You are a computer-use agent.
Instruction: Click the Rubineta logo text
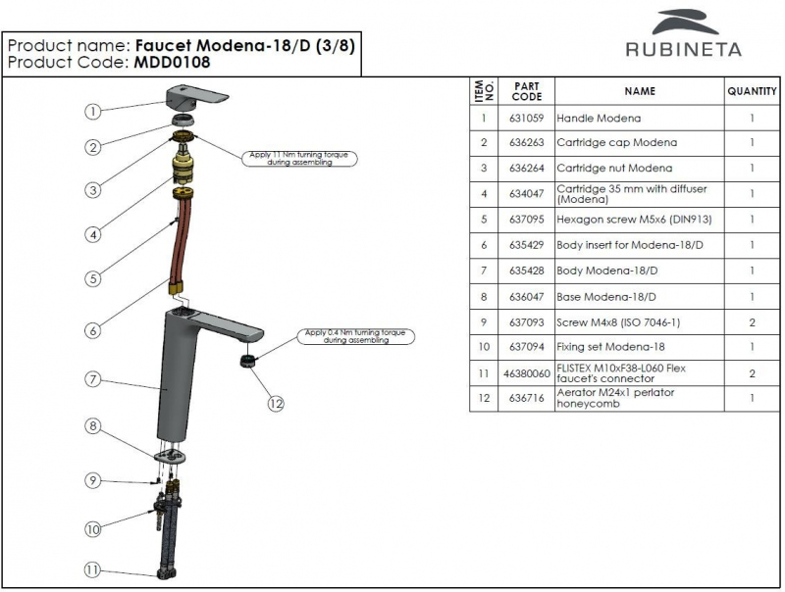(x=684, y=48)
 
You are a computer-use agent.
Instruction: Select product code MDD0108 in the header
(x=167, y=62)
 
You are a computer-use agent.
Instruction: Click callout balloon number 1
(x=91, y=112)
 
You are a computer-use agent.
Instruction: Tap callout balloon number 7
(x=91, y=378)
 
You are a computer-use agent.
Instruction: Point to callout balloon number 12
(x=277, y=402)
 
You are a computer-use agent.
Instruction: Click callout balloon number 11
(x=91, y=568)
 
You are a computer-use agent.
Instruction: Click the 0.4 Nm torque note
(x=356, y=336)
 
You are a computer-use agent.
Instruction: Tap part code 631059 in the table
(x=527, y=118)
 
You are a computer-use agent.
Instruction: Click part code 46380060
(x=527, y=372)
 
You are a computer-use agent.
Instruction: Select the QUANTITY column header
(x=752, y=91)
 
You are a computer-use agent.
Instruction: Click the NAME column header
(x=639, y=91)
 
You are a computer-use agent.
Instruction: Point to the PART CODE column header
(x=527, y=91)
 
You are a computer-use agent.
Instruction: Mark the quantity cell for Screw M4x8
(x=752, y=321)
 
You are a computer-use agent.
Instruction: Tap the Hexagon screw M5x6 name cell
(x=624, y=220)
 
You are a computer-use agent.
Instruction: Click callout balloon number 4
(x=91, y=235)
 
